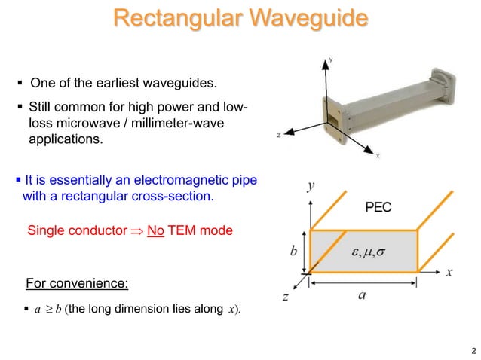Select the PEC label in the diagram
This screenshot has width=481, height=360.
pyautogui.click(x=378, y=207)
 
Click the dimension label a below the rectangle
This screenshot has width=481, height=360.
pyautogui.click(x=362, y=295)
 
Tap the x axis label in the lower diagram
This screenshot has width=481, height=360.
pyautogui.click(x=449, y=272)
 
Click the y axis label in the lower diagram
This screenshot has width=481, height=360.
pyautogui.click(x=311, y=185)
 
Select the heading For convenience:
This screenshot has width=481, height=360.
pyautogui.click(x=77, y=284)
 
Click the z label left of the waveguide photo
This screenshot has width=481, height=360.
pyautogui.click(x=279, y=136)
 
